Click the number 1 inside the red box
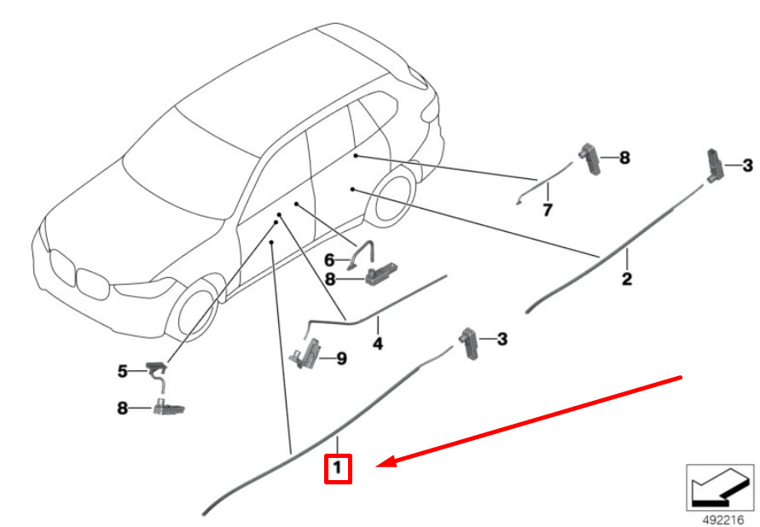[x=338, y=467]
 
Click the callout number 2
[x=626, y=279]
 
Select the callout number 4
[x=377, y=345]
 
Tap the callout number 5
[x=122, y=371]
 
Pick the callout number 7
[x=548, y=209]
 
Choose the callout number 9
[x=341, y=359]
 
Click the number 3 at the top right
[x=747, y=165]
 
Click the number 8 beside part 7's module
[x=624, y=158]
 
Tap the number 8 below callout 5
[x=122, y=408]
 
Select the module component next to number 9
[x=310, y=352]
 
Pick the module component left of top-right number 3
[x=713, y=164]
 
